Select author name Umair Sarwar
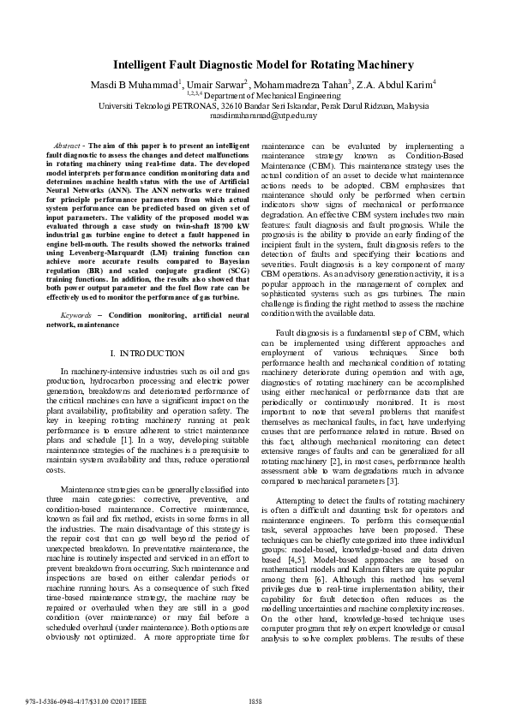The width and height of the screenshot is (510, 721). [x=215, y=85]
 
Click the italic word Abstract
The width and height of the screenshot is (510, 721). [x=67, y=146]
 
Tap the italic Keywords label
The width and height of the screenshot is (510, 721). [x=68, y=292]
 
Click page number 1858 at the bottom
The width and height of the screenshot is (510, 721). [x=255, y=701]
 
